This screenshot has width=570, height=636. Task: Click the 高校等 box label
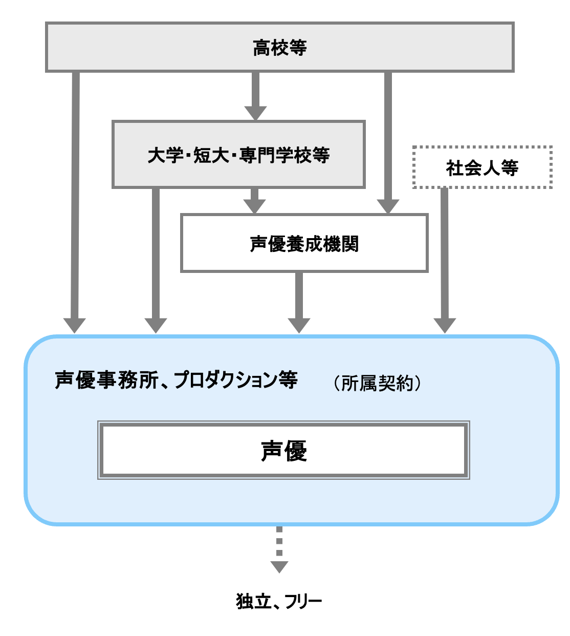coord(279,48)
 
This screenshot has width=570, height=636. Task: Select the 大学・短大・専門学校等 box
coord(238,155)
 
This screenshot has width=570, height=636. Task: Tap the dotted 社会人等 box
coord(482,167)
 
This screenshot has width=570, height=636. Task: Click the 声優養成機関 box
coord(304,243)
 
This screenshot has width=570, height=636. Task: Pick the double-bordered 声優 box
coord(283,451)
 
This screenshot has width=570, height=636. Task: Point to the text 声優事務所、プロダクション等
coord(176,380)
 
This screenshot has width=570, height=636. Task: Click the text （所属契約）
coord(378,383)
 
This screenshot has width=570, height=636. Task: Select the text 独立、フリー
coord(279,601)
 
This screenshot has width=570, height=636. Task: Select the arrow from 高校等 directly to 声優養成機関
coord(388,138)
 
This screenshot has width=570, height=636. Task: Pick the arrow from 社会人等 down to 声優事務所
coord(444,256)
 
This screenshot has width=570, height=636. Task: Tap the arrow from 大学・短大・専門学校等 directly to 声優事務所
coord(156,256)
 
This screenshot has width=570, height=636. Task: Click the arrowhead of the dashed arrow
coord(279,567)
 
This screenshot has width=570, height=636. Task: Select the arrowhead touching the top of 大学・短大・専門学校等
coord(255,113)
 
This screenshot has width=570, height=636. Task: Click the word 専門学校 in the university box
coord(267,155)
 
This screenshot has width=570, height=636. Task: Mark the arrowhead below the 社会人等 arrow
coord(445,325)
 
